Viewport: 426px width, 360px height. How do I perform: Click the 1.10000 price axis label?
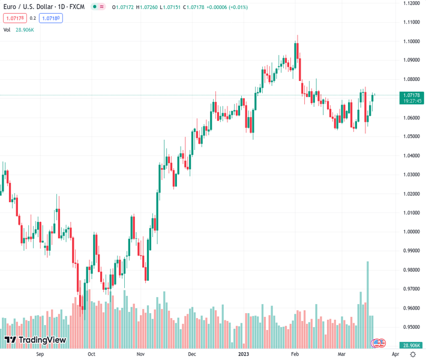[x=411, y=41]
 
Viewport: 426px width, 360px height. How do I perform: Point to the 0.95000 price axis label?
[x=411, y=327]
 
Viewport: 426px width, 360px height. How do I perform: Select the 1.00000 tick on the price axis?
[x=411, y=232]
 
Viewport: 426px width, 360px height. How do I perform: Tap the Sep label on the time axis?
[x=40, y=354]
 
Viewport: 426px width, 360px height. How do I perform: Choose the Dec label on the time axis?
[x=192, y=354]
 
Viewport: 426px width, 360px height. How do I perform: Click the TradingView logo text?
[x=42, y=340]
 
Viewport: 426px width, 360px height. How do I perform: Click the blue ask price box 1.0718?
[x=51, y=18]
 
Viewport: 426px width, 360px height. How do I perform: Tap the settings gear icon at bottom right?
[x=412, y=354]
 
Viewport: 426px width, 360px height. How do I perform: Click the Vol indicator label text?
[x=7, y=29]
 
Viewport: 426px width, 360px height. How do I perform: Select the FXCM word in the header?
[x=77, y=7]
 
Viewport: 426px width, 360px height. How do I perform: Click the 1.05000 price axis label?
[x=411, y=136]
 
